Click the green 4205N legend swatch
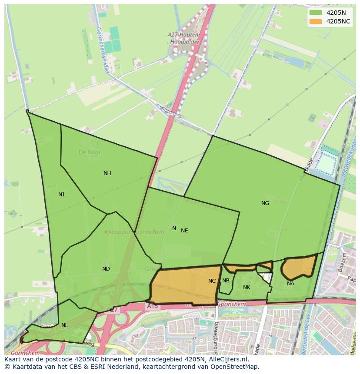point(316,13)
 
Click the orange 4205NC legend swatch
point(316,21)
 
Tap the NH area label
point(107,173)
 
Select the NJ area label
point(61,195)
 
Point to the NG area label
point(265,203)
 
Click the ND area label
point(106,269)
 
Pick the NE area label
point(184,231)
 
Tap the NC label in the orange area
point(212,281)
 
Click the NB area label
point(226,281)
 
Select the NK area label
point(247,288)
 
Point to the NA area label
point(290,284)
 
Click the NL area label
point(65,325)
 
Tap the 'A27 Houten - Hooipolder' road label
point(183,38)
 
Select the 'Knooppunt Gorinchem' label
point(134,232)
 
